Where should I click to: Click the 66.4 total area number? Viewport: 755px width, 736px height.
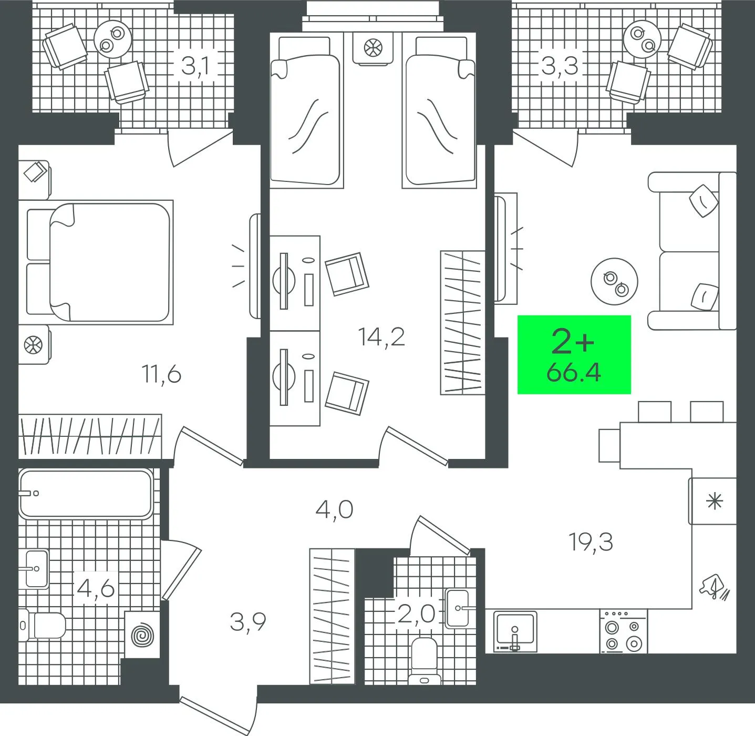(x=574, y=373)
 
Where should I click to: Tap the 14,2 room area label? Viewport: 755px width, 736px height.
(x=381, y=336)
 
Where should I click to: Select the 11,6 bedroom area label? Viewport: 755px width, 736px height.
(x=162, y=375)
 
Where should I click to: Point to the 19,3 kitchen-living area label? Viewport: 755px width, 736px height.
(x=591, y=542)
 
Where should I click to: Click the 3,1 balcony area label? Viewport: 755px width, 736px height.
(x=195, y=66)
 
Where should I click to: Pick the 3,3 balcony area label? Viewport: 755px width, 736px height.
(x=560, y=66)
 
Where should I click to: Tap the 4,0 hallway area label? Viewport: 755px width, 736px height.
(x=335, y=510)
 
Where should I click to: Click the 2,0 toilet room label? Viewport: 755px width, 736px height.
(x=416, y=615)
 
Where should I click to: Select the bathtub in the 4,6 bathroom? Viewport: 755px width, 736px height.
(x=86, y=494)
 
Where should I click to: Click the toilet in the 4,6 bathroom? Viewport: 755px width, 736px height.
(x=44, y=626)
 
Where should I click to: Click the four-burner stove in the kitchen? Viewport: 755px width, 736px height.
(x=624, y=631)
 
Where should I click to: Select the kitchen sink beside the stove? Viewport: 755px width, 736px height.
(x=515, y=631)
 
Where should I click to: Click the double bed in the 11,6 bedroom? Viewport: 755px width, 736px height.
(x=100, y=262)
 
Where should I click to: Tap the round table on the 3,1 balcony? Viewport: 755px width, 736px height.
(x=113, y=39)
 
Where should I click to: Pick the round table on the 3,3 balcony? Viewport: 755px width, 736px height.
(x=642, y=39)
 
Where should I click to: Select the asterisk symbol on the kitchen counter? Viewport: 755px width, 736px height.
(x=714, y=501)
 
